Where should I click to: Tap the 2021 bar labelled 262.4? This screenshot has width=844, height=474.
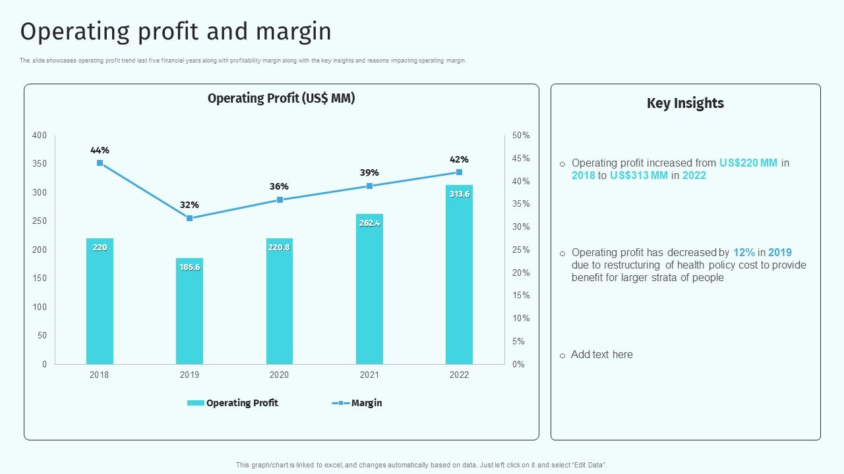pyautogui.click(x=369, y=289)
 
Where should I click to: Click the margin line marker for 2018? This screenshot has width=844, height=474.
pyautogui.click(x=100, y=163)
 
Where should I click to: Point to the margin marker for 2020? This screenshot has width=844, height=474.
pyautogui.click(x=280, y=199)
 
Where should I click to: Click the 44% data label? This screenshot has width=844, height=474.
pyautogui.click(x=100, y=150)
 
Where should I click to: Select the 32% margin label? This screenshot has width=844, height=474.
pyautogui.click(x=189, y=205)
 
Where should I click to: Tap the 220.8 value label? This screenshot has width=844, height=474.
pyautogui.click(x=280, y=248)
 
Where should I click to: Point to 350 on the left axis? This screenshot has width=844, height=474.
pyautogui.click(x=40, y=164)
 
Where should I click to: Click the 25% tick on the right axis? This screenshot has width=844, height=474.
pyautogui.click(x=521, y=250)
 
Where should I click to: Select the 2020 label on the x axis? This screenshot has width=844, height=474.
pyautogui.click(x=279, y=375)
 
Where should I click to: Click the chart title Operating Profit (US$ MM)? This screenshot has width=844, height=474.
pyautogui.click(x=282, y=99)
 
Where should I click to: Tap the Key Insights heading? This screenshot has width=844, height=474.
pyautogui.click(x=685, y=103)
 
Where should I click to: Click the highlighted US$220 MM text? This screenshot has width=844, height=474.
pyautogui.click(x=748, y=163)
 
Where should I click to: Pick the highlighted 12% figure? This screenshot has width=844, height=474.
pyautogui.click(x=744, y=252)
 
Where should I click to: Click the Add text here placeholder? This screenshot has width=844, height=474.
pyautogui.click(x=601, y=354)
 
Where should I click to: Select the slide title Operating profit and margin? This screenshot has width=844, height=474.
pyautogui.click(x=176, y=32)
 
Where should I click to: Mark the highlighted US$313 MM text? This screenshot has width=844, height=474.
pyautogui.click(x=639, y=175)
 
